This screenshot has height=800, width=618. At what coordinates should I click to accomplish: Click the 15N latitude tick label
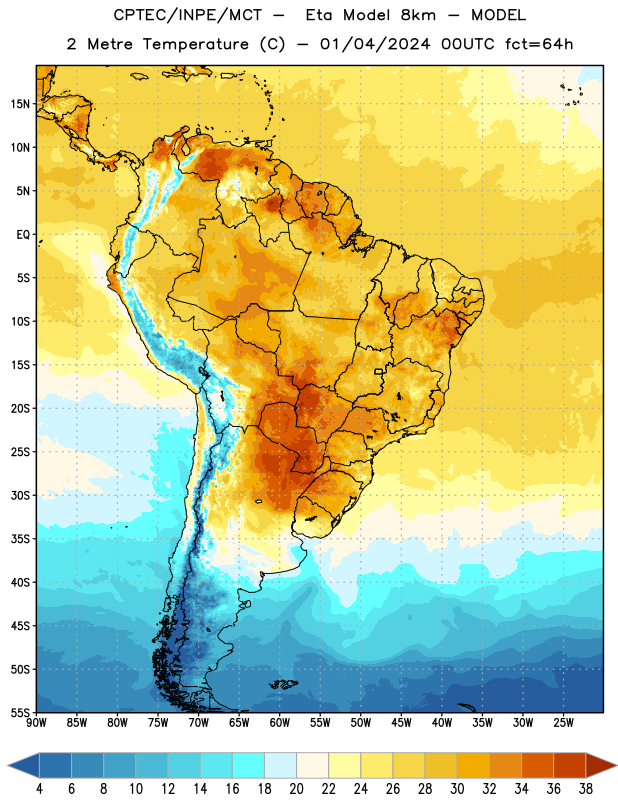pos(20,104)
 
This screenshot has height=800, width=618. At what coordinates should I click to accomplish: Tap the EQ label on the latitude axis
pos(23,235)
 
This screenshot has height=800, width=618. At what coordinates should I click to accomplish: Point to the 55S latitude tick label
pos(20,712)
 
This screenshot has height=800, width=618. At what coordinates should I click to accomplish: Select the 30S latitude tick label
pos(20,495)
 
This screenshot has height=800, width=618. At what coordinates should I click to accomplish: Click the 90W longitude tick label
pos(36,723)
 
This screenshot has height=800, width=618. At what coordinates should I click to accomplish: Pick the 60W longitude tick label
pos(280,723)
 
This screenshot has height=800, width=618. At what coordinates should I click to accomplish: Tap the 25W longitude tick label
pos(563,723)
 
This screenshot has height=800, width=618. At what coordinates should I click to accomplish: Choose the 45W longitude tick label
pos(401,723)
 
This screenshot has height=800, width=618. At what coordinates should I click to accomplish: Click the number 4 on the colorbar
pos(39,789)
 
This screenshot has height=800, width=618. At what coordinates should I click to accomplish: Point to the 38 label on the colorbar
pos(586,789)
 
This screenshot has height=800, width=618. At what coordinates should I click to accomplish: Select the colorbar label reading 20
pos(296,789)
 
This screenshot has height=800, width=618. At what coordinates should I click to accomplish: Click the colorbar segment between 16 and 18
pos(249,765)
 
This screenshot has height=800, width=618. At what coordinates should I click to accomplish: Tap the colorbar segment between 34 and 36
pos(537,765)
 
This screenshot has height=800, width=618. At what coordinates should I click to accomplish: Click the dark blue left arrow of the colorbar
pos(24,765)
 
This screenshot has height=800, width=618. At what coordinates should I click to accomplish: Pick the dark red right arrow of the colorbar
pos(601,765)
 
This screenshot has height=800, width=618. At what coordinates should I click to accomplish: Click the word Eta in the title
pos(319,15)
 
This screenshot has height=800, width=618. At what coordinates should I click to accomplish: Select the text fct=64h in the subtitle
pos(539,44)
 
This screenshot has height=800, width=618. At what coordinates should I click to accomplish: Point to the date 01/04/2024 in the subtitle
pos(375,44)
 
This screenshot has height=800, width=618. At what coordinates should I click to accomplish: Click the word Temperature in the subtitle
pos(195,45)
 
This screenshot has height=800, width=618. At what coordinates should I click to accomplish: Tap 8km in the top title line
pos(418,15)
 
